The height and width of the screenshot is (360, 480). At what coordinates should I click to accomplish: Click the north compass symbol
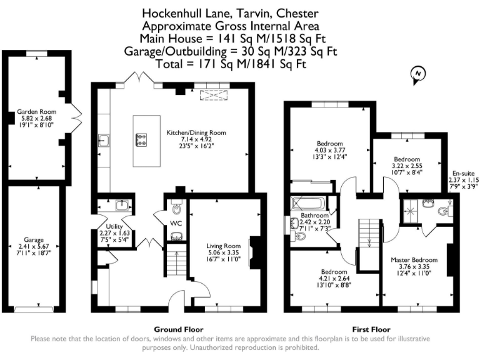(417, 75)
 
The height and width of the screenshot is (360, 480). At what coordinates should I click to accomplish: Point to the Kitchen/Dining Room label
(196, 133)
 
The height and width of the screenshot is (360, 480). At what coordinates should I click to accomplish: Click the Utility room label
(114, 226)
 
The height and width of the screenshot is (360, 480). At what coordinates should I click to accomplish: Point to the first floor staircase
(369, 237)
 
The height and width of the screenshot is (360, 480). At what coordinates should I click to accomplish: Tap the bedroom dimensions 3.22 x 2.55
(406, 166)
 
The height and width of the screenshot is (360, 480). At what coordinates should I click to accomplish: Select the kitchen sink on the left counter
(104, 141)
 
